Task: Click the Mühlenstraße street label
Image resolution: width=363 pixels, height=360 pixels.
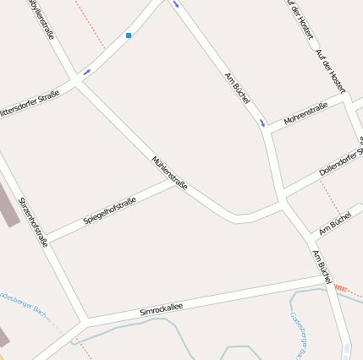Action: point(169,172)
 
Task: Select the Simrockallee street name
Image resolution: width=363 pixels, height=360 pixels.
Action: point(161,308)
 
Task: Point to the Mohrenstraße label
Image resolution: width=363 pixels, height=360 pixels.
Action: point(305,114)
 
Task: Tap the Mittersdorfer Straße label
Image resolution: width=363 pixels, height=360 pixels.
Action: point(30,102)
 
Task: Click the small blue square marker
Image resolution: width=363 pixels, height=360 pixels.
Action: point(129,35)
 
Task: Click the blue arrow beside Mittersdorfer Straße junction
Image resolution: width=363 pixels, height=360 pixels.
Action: point(87,71)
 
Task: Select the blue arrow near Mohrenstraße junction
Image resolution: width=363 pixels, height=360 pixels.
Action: point(262,123)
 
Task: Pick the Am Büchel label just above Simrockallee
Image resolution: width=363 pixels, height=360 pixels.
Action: point(321,265)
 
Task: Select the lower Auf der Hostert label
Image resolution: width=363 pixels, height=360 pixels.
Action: point(330,70)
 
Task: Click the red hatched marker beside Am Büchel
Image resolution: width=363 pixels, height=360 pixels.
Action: point(341,288)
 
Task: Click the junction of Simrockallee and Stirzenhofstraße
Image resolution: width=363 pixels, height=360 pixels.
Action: point(84,322)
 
